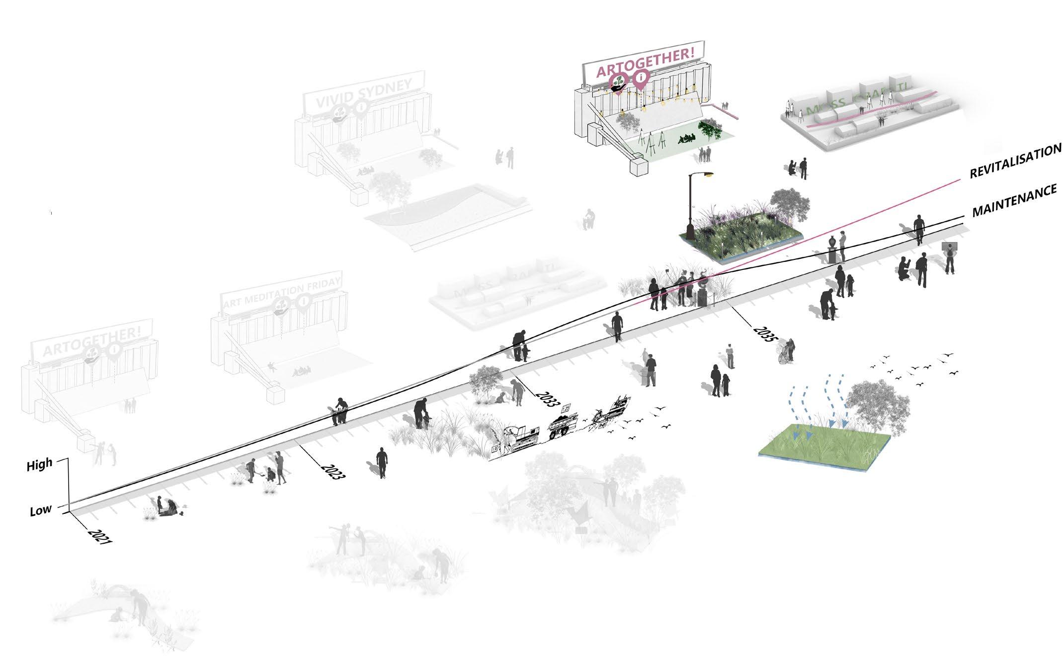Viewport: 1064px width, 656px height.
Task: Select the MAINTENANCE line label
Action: [x=1014, y=200]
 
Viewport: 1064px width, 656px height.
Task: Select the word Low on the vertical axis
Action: [x=40, y=510]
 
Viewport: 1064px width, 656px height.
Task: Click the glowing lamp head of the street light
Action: [x=708, y=175]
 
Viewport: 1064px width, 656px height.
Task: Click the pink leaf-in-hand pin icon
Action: [x=618, y=82]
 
